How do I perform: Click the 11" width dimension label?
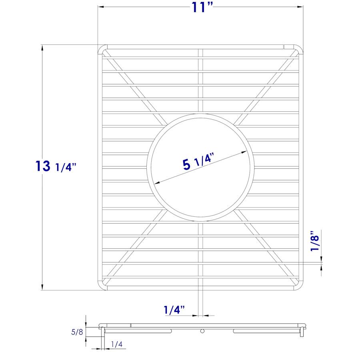[x=201, y=7]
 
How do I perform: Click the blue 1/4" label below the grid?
[x=174, y=310]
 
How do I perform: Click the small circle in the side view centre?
[x=202, y=331]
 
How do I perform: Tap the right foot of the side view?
[x=303, y=332]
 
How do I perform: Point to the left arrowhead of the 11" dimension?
[x=101, y=7]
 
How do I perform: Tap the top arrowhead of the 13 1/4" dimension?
[x=42, y=48]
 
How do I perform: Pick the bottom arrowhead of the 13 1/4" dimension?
[x=42, y=287]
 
